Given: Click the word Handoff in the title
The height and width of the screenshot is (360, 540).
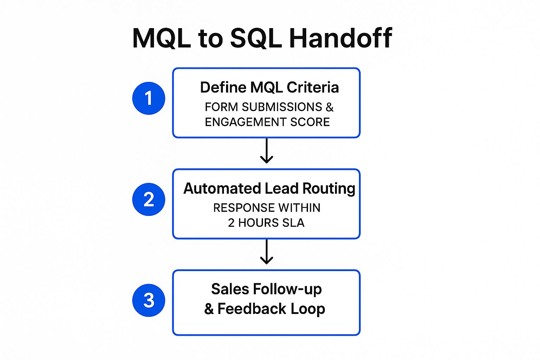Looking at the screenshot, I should pyautogui.click(x=340, y=38).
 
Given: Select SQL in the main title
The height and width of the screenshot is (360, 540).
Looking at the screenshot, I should pyautogui.click(x=256, y=38).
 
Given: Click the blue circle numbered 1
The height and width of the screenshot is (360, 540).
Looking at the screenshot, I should pyautogui.click(x=149, y=98).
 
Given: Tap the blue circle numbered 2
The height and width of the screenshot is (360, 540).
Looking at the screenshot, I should pyautogui.click(x=149, y=199).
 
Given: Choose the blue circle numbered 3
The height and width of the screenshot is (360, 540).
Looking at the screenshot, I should pyautogui.click(x=149, y=300).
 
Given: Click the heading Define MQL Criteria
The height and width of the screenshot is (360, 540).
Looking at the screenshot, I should pyautogui.click(x=269, y=88).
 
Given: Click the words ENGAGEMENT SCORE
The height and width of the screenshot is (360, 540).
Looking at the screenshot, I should pyautogui.click(x=267, y=122).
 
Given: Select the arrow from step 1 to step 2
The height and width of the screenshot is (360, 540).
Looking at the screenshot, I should pyautogui.click(x=266, y=151).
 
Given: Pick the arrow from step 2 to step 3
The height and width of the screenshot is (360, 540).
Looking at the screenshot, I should pyautogui.click(x=266, y=252).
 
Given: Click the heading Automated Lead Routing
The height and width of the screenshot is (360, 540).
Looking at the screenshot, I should pyautogui.click(x=269, y=189).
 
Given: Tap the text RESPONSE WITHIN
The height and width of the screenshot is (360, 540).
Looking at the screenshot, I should pyautogui.click(x=266, y=208).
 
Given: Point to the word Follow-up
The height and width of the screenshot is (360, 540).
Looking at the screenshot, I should pyautogui.click(x=287, y=289).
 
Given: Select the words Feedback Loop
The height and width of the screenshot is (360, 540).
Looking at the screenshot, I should pyautogui.click(x=271, y=309).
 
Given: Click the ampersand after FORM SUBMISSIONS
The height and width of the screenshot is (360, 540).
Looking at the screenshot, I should pyautogui.click(x=329, y=107).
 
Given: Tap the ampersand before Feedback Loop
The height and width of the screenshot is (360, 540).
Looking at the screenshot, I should pyautogui.click(x=209, y=309).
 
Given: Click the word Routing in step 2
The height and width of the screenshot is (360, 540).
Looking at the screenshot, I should pyautogui.click(x=329, y=189).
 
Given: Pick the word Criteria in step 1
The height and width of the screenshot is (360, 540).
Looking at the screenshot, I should pyautogui.click(x=313, y=88).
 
